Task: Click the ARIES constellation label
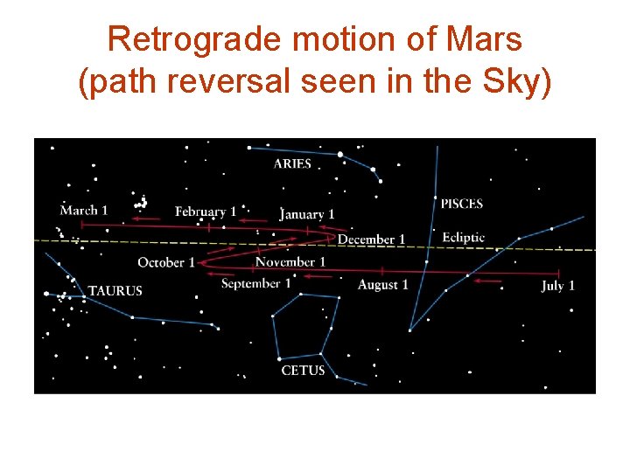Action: click(x=292, y=163)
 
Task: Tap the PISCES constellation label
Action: click(x=461, y=204)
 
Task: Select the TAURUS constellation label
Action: click(x=115, y=290)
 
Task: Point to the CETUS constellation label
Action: click(x=303, y=371)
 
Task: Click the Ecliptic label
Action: click(x=463, y=238)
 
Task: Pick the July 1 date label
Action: click(x=558, y=286)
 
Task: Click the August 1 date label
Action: click(x=382, y=285)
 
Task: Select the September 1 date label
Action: click(x=255, y=283)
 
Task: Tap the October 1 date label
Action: click(x=166, y=262)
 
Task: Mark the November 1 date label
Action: click(x=290, y=261)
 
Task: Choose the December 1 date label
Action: click(x=371, y=239)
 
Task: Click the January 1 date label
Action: click(x=307, y=214)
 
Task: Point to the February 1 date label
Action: click(x=206, y=212)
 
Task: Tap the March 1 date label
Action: click(x=84, y=210)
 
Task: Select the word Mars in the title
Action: click(x=486, y=39)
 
